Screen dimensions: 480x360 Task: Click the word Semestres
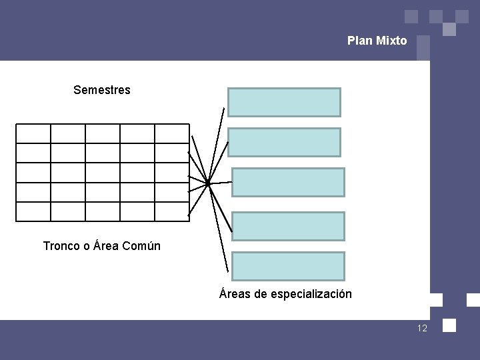coord(102,89)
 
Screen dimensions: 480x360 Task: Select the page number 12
coord(422,328)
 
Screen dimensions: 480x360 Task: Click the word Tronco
coord(62,246)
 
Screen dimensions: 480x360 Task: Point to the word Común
coord(142,246)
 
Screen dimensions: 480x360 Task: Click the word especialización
coord(311,294)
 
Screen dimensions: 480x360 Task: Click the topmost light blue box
coord(284,103)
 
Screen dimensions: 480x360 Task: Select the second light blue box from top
coord(284,142)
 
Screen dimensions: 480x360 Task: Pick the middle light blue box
coord(288,182)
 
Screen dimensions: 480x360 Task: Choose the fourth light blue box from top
coord(288,226)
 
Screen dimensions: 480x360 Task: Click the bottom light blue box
coord(288,266)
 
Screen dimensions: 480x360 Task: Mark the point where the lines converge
coord(207,183)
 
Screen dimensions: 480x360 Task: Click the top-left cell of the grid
coord(33,134)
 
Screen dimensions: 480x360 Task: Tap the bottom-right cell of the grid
coord(172,211)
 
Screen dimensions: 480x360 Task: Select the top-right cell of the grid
coord(172,134)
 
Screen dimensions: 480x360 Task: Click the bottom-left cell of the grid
coord(33,211)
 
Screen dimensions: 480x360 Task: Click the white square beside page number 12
coord(449,325)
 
